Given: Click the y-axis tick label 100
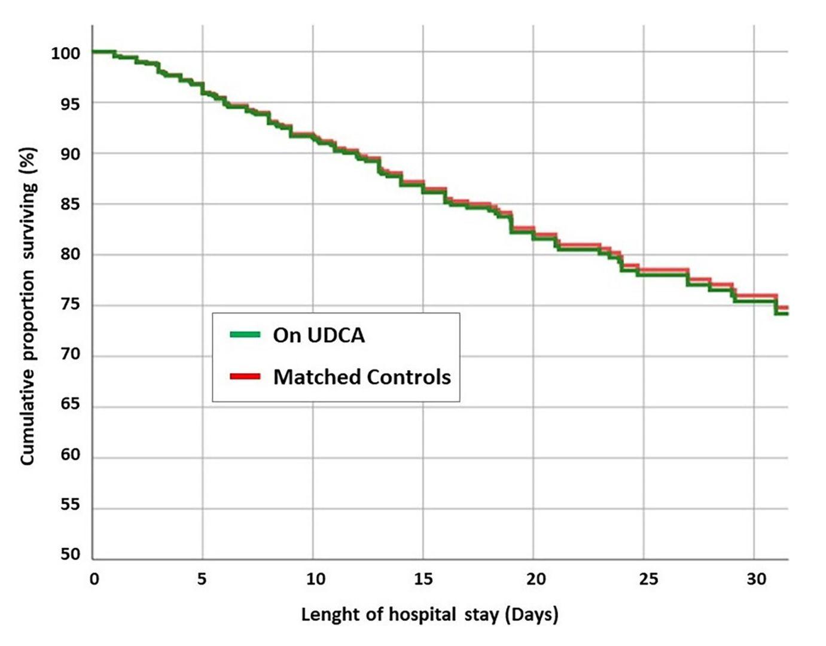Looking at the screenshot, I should point(65,53).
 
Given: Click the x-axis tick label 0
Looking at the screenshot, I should point(94,579).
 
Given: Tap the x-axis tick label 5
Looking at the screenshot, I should point(202,579).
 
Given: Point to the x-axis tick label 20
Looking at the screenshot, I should point(535,579).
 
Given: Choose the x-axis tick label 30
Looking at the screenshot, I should point(756,579).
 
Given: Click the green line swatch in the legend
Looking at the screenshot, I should point(245,334).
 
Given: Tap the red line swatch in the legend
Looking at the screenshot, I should point(245,376).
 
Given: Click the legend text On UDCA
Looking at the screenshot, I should point(319,335).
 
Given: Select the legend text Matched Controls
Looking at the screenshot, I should point(362,377).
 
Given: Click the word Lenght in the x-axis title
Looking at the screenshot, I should point(328,614).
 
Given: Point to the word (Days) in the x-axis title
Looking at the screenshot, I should point(531,614).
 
